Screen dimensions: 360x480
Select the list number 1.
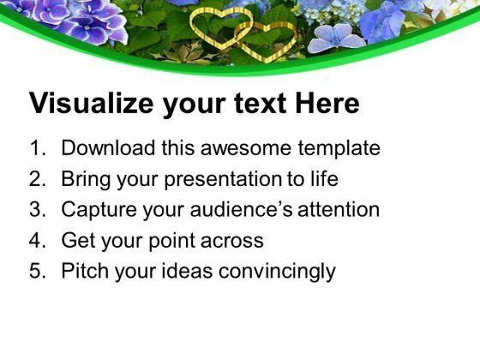tap(36, 148)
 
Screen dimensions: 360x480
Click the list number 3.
tap(36, 210)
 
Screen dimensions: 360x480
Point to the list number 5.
tap(36, 272)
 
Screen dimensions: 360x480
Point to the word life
tap(323, 179)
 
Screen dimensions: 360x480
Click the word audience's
tap(253, 210)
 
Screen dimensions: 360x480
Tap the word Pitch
tap(84, 272)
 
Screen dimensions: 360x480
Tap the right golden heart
tap(267, 39)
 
